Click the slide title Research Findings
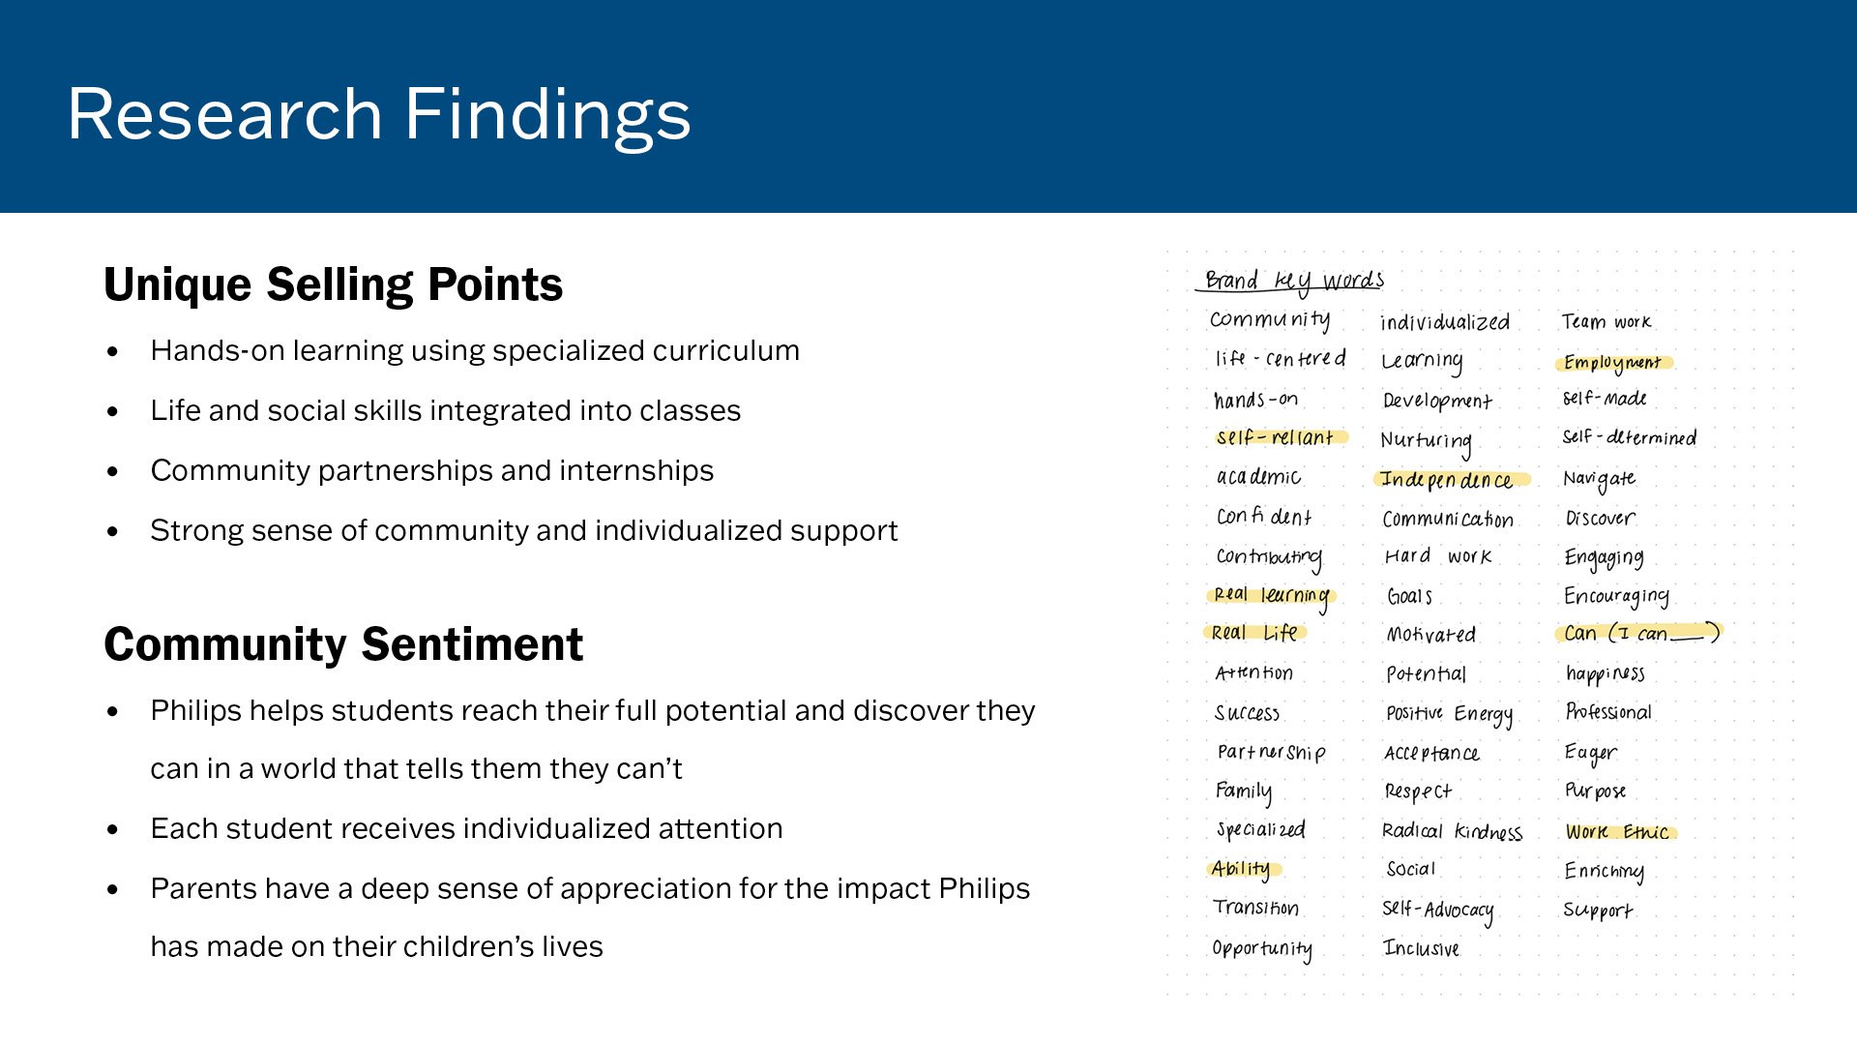[379, 114]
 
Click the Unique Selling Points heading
[333, 284]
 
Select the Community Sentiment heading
[343, 644]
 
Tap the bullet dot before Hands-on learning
[113, 351]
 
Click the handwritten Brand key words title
[1294, 281]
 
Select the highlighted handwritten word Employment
[1612, 363]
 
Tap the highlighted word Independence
[1447, 480]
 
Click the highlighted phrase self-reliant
[1276, 437]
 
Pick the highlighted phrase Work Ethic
[1617, 832]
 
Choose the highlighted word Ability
[1242, 869]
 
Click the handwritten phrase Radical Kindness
[1452, 831]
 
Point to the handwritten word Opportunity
[1262, 948]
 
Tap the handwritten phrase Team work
[1606, 321]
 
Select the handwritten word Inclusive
[1421, 948]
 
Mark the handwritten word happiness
[1606, 673]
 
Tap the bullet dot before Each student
[113, 830]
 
